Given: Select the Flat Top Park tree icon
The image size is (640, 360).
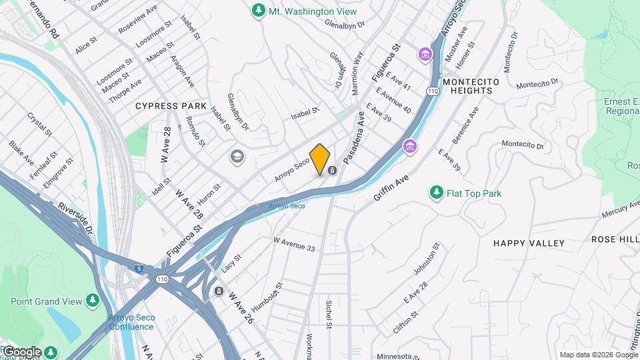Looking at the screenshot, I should (437, 193).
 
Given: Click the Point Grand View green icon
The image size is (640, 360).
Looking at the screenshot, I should (93, 301).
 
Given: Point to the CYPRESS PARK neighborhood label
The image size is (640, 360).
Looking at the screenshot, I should (166, 106).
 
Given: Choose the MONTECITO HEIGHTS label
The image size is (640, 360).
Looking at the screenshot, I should (471, 86).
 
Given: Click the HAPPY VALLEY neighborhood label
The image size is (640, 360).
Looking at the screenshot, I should (529, 243).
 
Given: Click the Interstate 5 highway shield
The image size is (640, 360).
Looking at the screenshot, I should (138, 269).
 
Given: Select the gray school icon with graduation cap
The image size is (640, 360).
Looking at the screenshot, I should (236, 157).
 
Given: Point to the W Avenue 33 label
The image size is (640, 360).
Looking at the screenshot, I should (294, 243).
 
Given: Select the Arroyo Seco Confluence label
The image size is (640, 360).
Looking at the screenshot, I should (131, 321).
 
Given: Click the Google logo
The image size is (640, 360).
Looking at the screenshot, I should (22, 351).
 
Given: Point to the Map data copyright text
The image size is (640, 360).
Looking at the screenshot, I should (598, 355).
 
